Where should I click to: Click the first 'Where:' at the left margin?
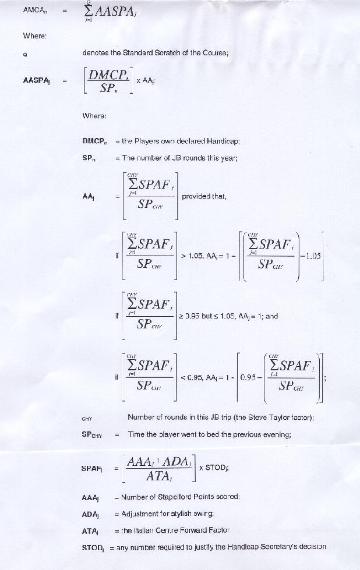point(34,36)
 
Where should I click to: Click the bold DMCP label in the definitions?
point(94,141)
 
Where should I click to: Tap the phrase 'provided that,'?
point(204,196)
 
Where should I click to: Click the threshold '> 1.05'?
point(193,255)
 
